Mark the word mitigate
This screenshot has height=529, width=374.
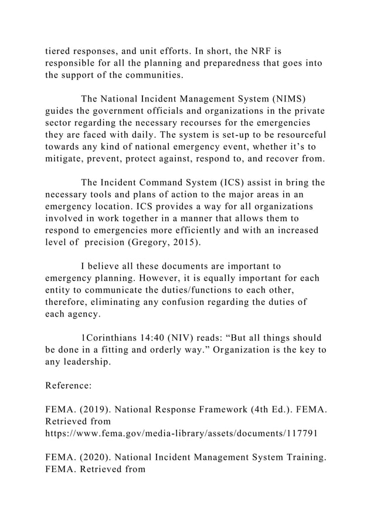(66, 159)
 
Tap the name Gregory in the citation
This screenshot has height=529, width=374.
(155, 243)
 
